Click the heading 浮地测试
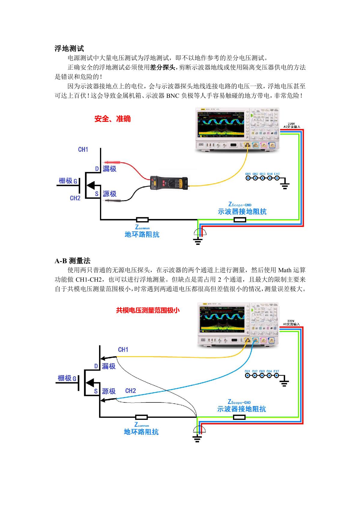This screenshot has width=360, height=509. pos(69,48)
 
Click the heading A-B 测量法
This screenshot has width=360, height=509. pos(72,261)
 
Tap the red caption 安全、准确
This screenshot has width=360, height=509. pos(113,119)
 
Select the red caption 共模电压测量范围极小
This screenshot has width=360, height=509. pos(148,310)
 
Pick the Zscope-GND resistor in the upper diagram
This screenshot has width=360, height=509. pos(240,220)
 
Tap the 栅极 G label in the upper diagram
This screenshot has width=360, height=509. pos(68,181)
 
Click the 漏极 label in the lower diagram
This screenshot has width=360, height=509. pos(109,366)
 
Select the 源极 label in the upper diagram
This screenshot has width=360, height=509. pos(110,194)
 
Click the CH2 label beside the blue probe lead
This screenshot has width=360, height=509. pos(131,391)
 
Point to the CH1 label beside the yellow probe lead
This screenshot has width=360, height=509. pos(123,350)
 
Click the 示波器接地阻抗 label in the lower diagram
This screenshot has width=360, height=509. pos(241,409)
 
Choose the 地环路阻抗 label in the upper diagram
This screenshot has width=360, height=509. pos(142,234)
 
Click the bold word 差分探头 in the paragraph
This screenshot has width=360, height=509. pos(162,67)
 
